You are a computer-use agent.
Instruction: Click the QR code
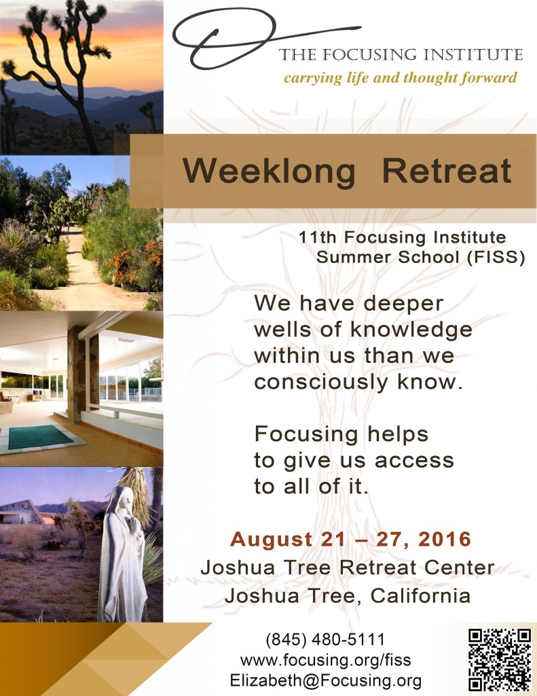(x=500, y=659)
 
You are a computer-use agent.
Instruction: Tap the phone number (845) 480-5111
(x=325, y=640)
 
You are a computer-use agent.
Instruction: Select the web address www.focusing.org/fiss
(x=325, y=660)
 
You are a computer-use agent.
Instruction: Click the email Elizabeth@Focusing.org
(x=325, y=680)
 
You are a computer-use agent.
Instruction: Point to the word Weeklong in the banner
(x=269, y=172)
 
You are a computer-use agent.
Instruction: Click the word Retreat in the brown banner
(x=447, y=171)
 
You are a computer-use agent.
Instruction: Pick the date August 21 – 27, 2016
(x=350, y=539)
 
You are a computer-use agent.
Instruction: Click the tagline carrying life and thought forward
(x=400, y=78)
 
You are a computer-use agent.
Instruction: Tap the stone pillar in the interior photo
(x=76, y=375)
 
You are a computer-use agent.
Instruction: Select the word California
(x=420, y=595)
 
